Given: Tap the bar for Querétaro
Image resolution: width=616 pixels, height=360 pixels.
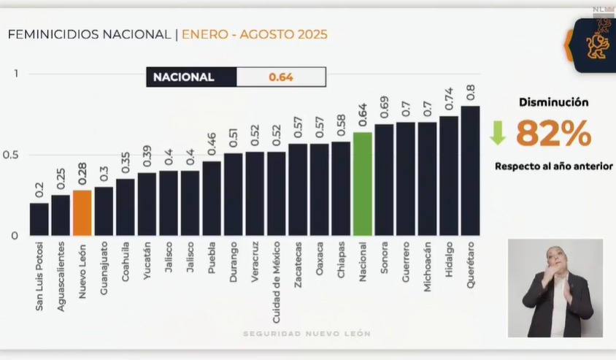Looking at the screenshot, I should click(x=470, y=171).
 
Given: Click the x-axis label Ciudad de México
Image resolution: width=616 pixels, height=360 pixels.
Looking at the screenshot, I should click(x=276, y=282).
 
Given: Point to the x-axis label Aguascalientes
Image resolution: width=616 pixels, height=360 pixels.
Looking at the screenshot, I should click(x=61, y=276).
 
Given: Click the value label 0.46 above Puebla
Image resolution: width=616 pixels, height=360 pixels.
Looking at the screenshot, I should click(x=212, y=144).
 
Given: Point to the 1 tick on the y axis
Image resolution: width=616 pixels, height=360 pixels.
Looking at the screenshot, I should click(x=15, y=73).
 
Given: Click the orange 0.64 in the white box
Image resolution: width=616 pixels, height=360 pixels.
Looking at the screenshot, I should click(x=281, y=77).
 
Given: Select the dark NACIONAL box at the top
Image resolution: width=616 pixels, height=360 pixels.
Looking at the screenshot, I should click(x=191, y=77).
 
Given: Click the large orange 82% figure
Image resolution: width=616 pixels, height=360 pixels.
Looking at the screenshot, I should click(x=554, y=134).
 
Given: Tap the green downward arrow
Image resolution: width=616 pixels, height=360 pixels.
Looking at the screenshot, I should click(x=498, y=132).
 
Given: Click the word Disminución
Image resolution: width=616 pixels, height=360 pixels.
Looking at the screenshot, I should click(x=553, y=103).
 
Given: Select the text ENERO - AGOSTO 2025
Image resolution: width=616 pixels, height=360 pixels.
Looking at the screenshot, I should click(x=254, y=34).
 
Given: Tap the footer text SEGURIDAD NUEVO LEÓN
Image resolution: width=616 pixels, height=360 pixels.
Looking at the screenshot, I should click(x=307, y=334).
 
